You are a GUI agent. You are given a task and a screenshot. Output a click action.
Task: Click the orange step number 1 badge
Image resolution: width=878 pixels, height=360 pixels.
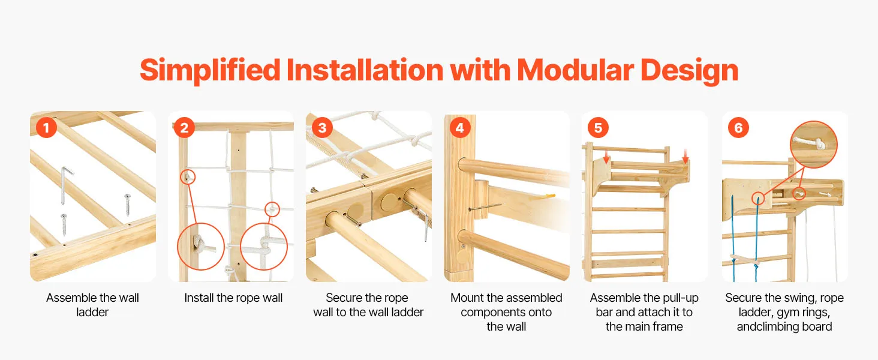(46, 127)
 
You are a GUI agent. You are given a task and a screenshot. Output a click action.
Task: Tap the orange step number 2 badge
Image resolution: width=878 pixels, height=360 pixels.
(184, 127)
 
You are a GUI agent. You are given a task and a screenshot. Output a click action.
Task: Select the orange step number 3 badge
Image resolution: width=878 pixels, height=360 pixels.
(322, 127)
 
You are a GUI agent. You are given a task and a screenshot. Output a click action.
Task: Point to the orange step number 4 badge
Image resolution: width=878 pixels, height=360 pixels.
(460, 127)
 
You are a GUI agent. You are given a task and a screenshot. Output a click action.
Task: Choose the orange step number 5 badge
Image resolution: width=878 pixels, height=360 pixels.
(598, 127)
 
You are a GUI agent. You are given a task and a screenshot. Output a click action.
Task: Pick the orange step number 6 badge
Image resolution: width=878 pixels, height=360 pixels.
(738, 127)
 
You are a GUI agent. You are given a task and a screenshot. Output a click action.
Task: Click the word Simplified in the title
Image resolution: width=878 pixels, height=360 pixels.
(210, 71)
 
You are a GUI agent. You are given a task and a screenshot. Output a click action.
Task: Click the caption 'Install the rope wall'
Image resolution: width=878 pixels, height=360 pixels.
(233, 298)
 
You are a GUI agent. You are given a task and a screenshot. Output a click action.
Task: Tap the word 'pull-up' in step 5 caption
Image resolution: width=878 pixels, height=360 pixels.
(679, 298)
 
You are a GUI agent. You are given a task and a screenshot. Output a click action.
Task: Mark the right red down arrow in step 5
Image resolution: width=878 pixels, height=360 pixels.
(685, 155)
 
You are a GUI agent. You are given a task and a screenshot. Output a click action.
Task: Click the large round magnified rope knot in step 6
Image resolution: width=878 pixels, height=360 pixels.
(814, 145)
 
